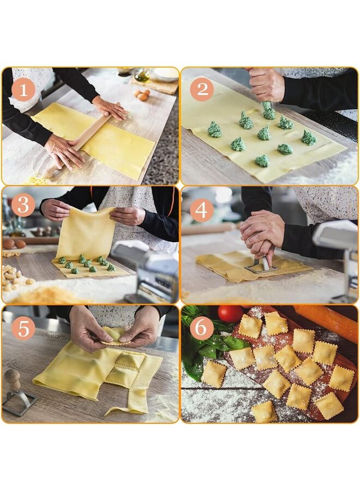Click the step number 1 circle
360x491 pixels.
pos(23,89)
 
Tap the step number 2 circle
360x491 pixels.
pos(202,89)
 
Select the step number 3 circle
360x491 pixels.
pos(23,205)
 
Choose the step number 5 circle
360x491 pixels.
pos(23,328)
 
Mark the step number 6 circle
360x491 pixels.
pos(202,328)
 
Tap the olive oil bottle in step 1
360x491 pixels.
pos(142,75)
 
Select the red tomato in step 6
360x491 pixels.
pos(230,314)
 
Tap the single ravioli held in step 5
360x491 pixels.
pos(115,337)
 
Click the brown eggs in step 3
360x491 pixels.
pos(14,244)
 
